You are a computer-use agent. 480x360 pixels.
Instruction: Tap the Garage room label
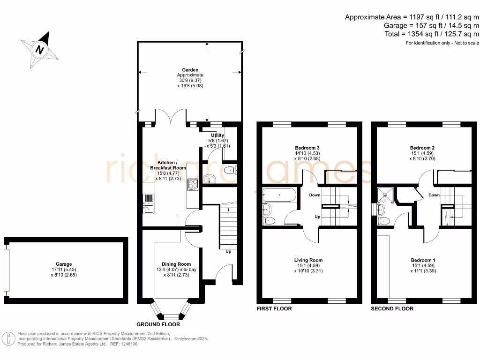point(64,264)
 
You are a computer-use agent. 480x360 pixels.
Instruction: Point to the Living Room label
point(308,260)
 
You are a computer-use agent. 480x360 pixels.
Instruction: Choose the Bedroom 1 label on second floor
point(423,260)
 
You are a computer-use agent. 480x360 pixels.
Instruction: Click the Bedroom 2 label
point(423,148)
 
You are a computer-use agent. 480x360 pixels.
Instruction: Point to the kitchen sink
point(149,204)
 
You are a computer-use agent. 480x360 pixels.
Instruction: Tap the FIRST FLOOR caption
point(274,309)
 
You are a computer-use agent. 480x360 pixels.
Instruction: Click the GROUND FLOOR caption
point(158,324)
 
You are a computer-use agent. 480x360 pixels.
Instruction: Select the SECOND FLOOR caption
point(392,309)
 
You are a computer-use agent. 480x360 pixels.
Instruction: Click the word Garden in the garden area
point(190,70)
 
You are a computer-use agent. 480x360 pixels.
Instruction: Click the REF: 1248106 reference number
point(124,344)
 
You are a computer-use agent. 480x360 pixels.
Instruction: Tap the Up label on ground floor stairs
point(228,251)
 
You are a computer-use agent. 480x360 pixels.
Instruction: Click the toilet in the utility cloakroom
point(230,171)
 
